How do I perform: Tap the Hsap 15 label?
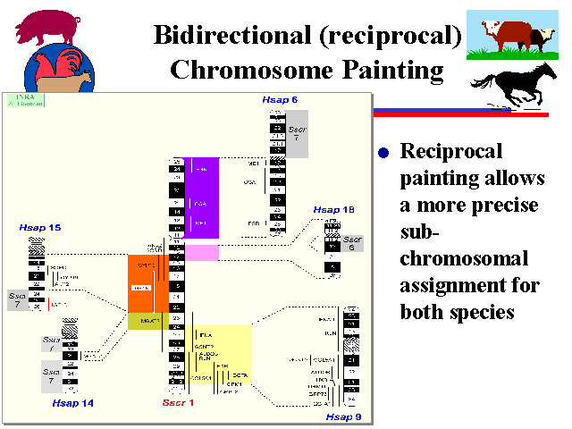tap(39, 229)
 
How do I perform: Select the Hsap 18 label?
tap(334, 209)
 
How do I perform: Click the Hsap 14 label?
tap(73, 403)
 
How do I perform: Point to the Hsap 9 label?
tap(344, 416)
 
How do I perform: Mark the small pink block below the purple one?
tap(202, 253)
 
